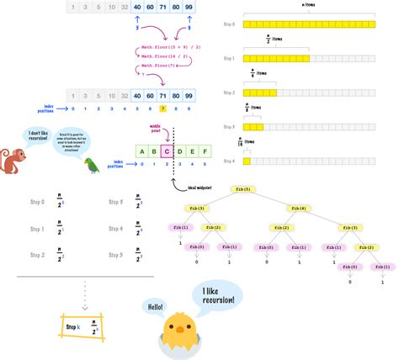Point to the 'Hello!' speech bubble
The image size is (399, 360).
pos(153,306)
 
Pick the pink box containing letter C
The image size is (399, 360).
pos(168,152)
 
